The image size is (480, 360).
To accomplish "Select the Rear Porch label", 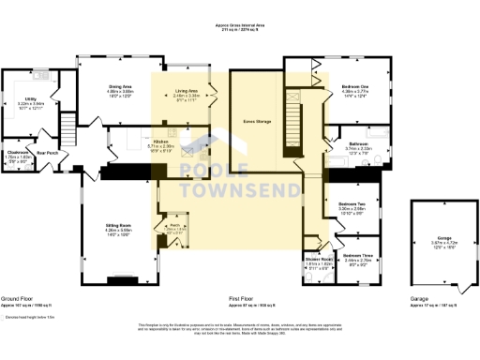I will click(48, 152).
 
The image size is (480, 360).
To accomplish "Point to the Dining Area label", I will click(120, 85).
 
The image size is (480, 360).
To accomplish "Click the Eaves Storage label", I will click(256, 121).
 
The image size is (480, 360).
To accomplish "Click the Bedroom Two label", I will click(350, 202).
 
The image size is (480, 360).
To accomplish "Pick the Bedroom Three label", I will click(357, 255).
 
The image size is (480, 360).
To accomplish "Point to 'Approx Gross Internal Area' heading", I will click(239, 24).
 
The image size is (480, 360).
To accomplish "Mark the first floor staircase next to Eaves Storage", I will click(293, 118).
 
